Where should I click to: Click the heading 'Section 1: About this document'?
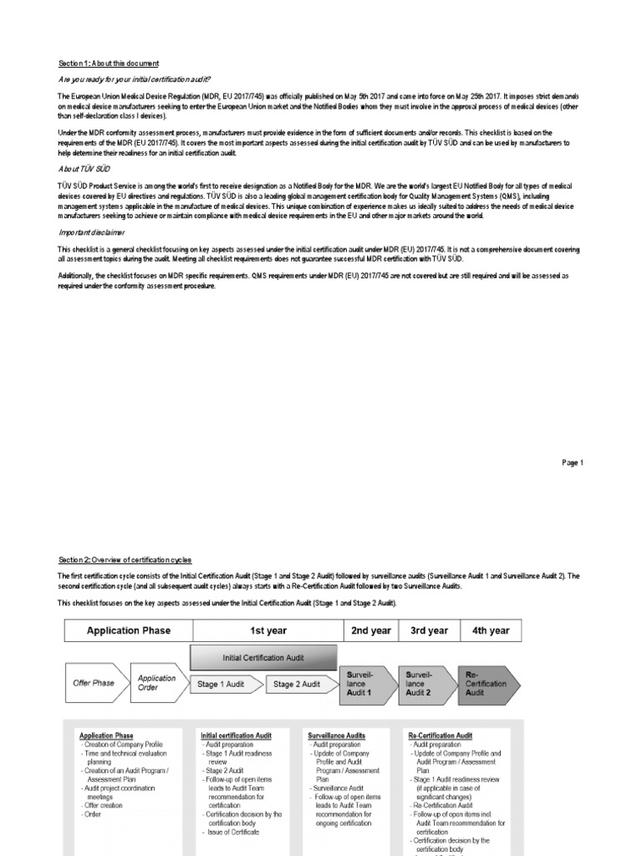coord(108,64)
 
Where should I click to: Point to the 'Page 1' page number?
coord(571,462)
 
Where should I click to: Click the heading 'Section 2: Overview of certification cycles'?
coord(125,559)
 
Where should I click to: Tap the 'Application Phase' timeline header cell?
coord(129,630)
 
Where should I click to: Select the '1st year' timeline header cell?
coord(268,630)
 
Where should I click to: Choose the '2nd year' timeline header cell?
coord(371,630)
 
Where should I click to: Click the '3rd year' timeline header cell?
coord(429,630)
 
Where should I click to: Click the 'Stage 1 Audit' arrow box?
coord(222,684)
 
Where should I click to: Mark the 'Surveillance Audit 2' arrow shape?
coord(426,683)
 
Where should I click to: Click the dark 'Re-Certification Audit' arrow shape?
coord(487,683)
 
